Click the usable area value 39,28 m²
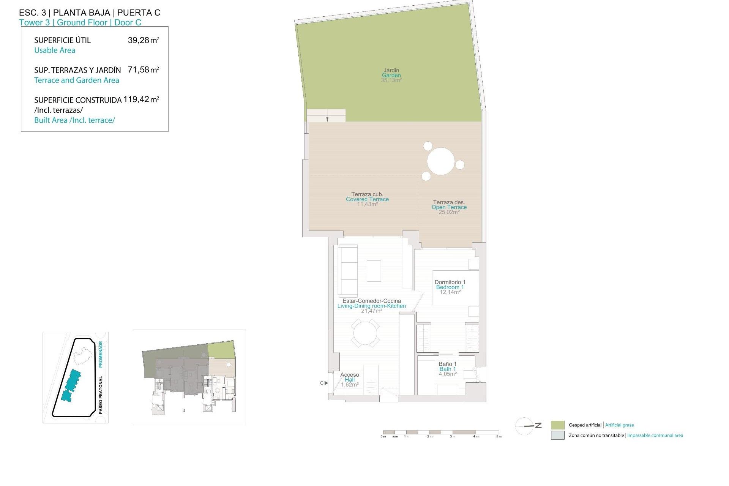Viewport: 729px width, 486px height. point(143,40)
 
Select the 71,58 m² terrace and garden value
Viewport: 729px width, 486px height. point(143,70)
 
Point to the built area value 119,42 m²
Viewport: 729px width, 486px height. point(141,99)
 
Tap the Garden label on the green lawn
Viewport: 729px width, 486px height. point(391,75)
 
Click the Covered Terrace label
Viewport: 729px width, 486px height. point(367,199)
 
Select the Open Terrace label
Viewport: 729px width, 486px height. point(449,207)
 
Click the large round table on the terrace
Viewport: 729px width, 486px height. point(441,161)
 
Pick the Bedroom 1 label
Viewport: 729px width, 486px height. point(450,287)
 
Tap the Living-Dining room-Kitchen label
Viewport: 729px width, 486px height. point(371,306)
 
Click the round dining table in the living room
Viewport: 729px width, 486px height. point(365,333)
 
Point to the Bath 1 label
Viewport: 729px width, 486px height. point(448,369)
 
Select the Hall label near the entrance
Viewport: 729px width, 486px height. point(350,380)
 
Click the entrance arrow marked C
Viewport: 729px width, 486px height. point(326,383)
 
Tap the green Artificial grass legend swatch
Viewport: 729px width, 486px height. point(557,425)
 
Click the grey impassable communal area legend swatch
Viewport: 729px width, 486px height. point(557,436)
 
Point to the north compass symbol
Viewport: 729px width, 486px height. point(527,426)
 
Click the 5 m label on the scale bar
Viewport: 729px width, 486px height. point(499,437)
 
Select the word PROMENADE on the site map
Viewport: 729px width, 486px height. point(101,354)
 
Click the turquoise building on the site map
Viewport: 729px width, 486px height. point(72,384)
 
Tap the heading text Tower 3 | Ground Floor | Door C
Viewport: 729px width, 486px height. point(80,22)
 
